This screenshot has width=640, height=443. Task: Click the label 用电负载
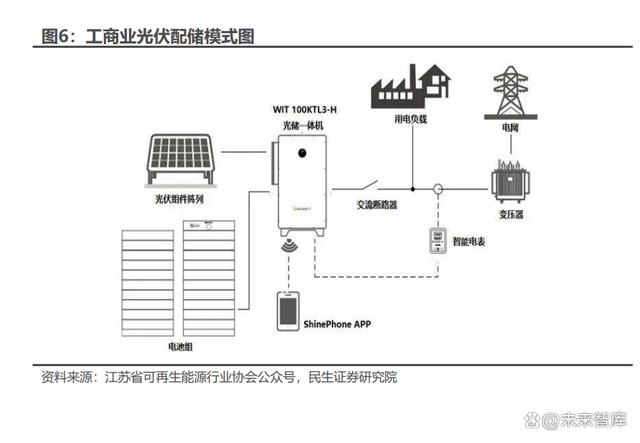[x=411, y=119]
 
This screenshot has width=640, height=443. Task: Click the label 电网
[x=512, y=129]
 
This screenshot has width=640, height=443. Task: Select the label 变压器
[x=512, y=213]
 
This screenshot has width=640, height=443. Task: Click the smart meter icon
[x=437, y=241]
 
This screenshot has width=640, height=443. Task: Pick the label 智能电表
[x=471, y=242]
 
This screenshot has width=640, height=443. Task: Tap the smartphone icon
[x=288, y=312]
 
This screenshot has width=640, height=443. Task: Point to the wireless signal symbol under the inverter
[x=292, y=247]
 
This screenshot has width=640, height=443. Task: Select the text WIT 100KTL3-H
[x=304, y=107]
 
